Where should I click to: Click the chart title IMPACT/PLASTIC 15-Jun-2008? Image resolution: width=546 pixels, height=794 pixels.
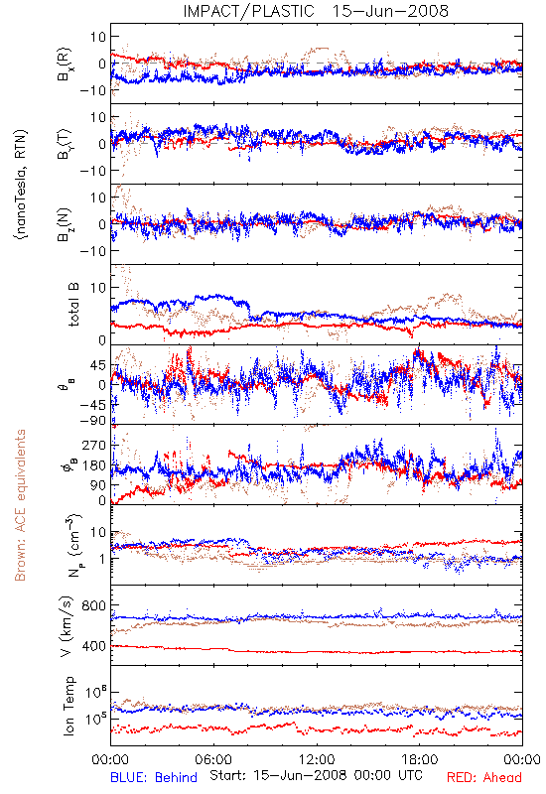316,11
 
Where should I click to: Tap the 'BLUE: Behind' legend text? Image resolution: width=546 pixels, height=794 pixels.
154,777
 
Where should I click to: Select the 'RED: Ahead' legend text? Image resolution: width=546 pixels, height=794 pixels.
483,777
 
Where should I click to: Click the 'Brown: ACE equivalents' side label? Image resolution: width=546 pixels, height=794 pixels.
20,505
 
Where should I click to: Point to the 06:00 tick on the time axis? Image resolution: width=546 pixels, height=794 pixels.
213,759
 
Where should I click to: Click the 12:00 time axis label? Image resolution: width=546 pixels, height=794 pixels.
317,759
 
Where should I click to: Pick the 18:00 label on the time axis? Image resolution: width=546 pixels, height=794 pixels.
420,759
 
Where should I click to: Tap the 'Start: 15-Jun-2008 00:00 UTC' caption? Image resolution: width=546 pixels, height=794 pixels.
316,775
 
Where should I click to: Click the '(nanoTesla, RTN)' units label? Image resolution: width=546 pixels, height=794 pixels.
21,184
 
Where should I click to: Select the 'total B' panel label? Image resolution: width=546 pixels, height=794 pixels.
73,305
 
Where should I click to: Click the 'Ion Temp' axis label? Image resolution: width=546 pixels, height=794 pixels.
68,706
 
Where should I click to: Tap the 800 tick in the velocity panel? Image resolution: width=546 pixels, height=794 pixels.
93,605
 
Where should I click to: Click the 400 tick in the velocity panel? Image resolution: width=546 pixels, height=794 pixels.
93,646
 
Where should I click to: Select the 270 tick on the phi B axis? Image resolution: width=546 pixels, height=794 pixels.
94,445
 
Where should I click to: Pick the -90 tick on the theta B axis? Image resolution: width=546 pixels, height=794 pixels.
92,421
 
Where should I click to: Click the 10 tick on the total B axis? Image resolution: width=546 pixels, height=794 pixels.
98,288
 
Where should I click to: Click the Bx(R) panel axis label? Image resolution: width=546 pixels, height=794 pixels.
65,65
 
